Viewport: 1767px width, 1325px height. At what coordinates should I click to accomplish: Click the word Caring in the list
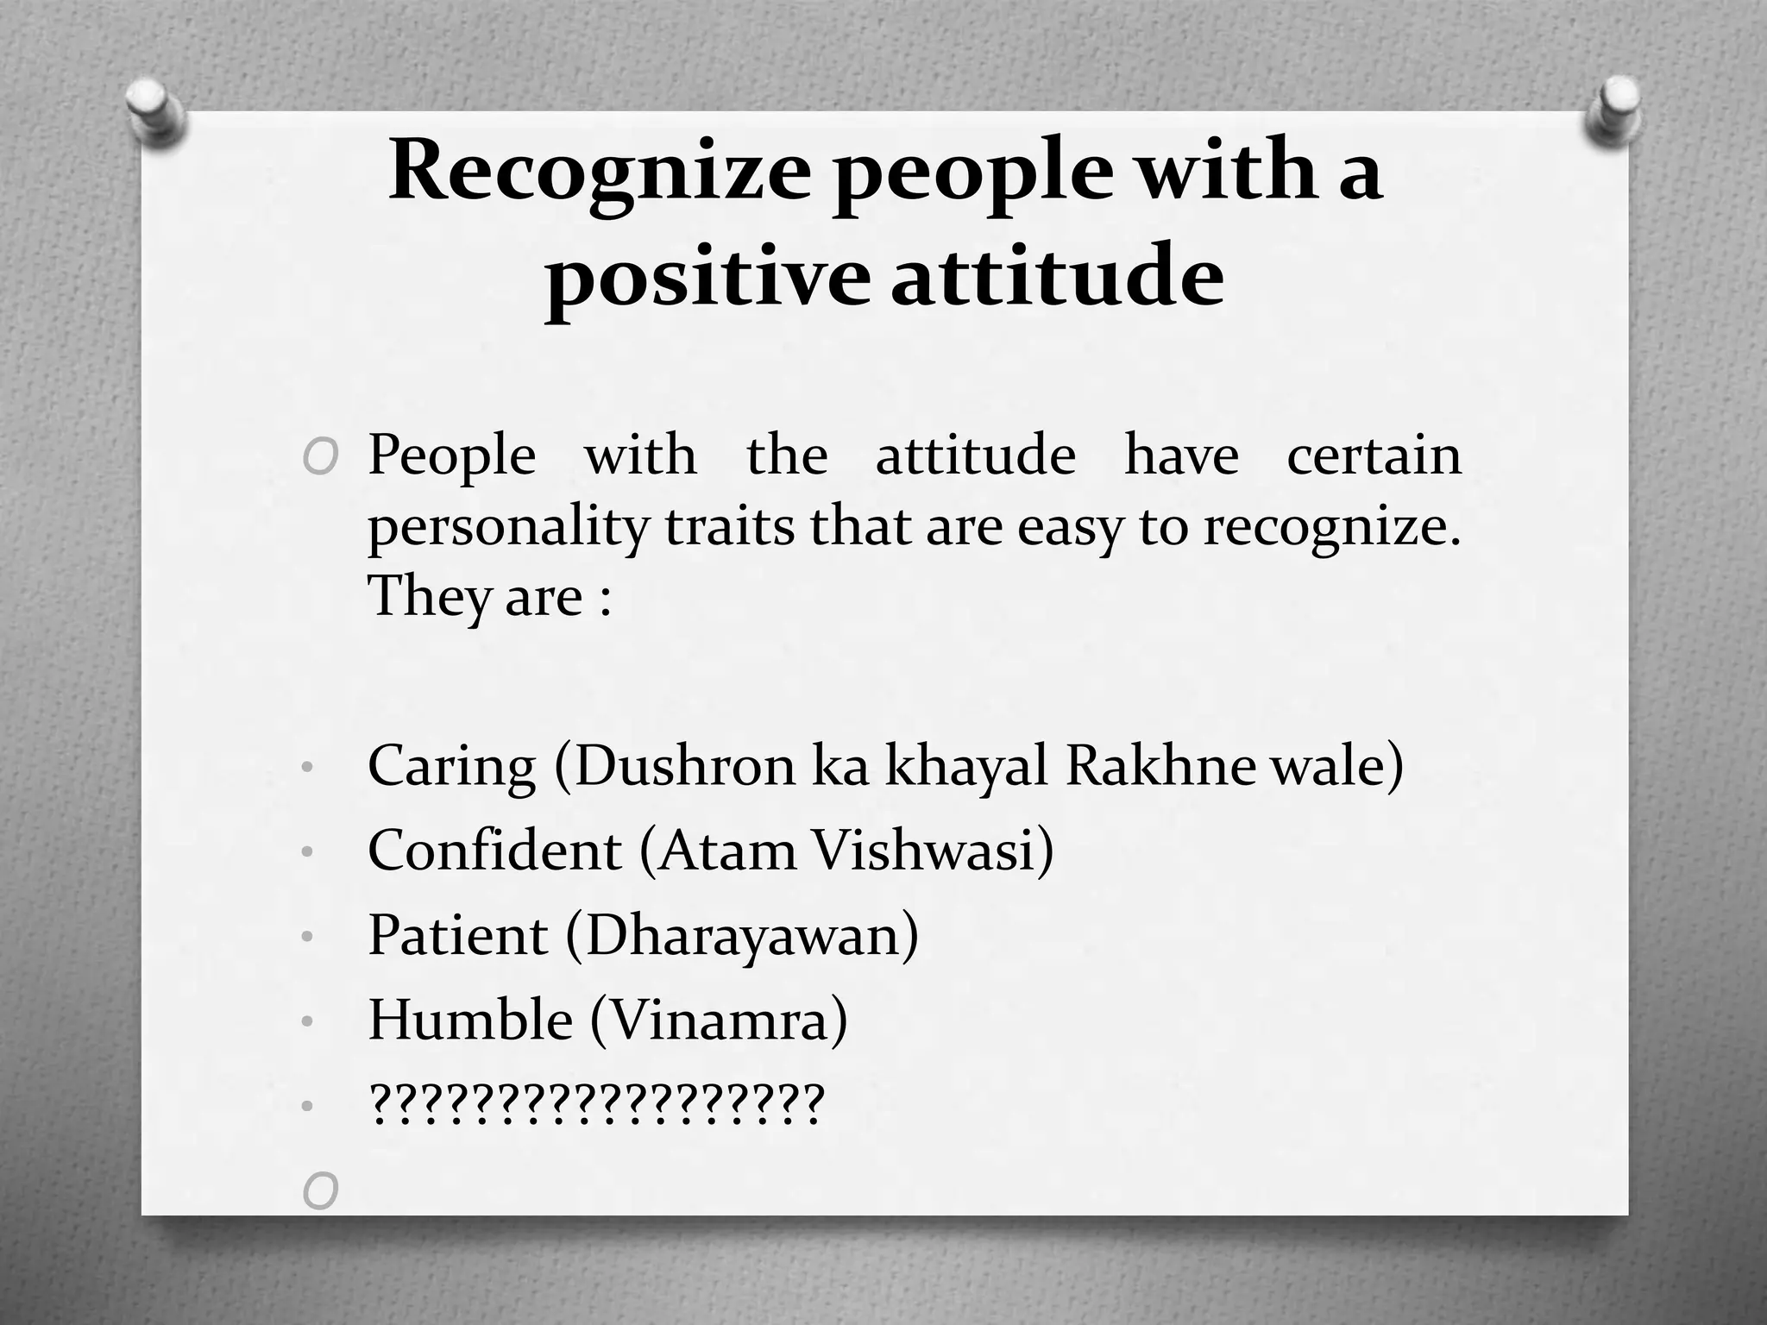pyautogui.click(x=451, y=766)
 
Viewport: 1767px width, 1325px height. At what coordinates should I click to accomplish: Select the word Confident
pyautogui.click(x=494, y=851)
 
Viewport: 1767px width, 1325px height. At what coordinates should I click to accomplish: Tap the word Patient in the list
pyautogui.click(x=457, y=935)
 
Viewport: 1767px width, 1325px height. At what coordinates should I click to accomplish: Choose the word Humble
pyautogui.click(x=470, y=1020)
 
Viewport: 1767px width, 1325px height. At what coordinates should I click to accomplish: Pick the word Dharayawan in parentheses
pyautogui.click(x=742, y=935)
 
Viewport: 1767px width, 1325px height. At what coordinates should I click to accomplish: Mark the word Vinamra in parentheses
pyautogui.click(x=718, y=1020)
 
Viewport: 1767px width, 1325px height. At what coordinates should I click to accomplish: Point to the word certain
pyautogui.click(x=1374, y=455)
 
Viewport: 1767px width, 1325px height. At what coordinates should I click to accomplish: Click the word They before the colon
pyautogui.click(x=428, y=597)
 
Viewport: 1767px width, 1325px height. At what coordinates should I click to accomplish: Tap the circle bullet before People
pyautogui.click(x=320, y=458)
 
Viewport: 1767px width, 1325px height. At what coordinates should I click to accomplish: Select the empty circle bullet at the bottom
pyautogui.click(x=320, y=1192)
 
